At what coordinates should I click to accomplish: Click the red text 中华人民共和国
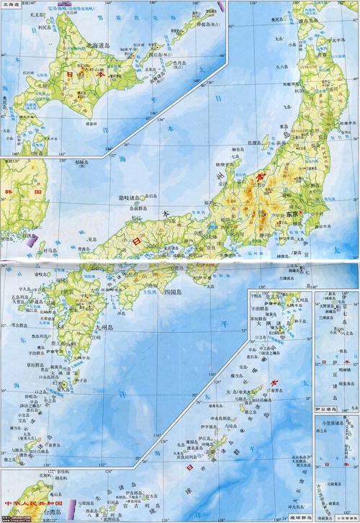[x=33, y=502]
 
